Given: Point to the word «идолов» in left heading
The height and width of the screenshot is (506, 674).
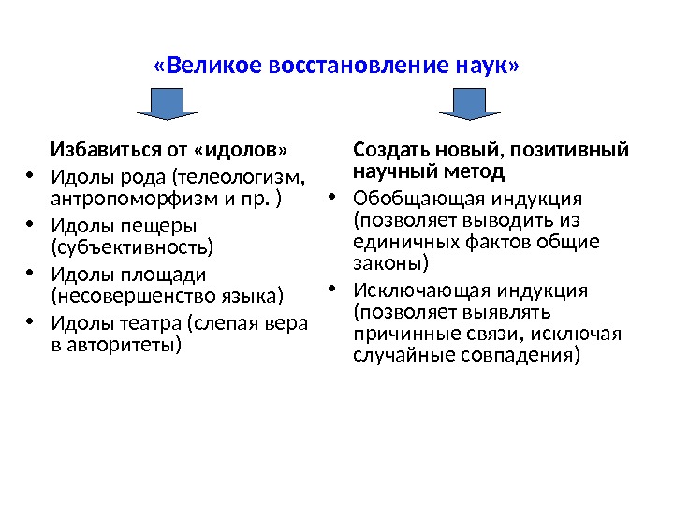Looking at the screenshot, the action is click(242, 150).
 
